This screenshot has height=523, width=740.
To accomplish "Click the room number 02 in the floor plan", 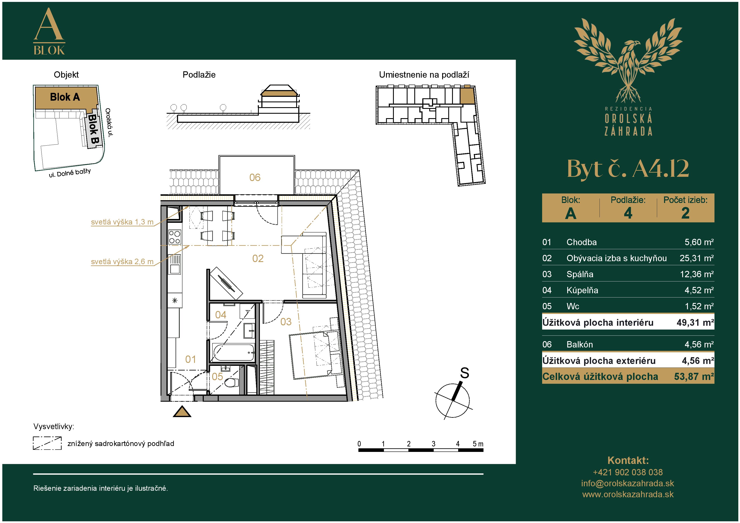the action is pos(258,258).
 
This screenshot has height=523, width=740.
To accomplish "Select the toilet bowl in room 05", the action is pos(231,383).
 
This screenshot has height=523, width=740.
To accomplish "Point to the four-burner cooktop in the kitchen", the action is pos(175,237).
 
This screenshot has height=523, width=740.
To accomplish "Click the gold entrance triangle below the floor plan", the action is pos(182,412).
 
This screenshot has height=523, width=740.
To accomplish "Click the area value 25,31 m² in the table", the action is pos(697,258).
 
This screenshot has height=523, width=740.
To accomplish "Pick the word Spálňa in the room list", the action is pos(580,274).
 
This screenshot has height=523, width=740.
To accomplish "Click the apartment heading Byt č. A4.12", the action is pos(628,169).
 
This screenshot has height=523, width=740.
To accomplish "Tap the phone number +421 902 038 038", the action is pos(628,472).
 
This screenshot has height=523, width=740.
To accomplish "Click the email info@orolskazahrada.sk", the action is pos(628,483).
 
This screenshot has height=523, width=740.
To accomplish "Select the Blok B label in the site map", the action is pos(93,129).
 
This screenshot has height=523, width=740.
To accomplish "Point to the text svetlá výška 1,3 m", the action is pos(122,222).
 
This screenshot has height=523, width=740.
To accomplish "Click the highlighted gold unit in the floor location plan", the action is pos(467,95).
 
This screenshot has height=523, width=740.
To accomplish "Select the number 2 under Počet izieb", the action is pos(685,213).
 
